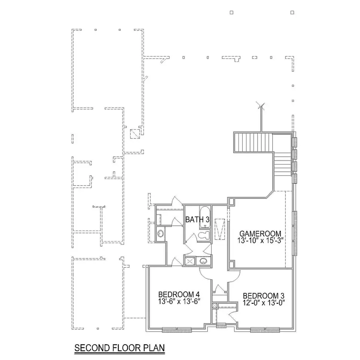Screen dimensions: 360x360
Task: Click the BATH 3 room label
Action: [x=197, y=220]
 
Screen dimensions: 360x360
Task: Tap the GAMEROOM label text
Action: [x=260, y=234]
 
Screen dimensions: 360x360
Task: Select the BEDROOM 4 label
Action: [x=179, y=294]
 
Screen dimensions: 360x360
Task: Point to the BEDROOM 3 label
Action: [x=264, y=296]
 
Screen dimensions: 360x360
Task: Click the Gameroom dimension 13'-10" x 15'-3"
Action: [x=260, y=240]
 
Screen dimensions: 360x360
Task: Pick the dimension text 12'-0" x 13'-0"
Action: [x=264, y=303]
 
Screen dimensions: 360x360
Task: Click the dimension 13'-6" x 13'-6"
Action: [x=179, y=301]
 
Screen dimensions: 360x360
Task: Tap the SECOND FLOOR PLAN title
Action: [x=120, y=348]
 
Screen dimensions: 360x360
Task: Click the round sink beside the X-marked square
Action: [x=203, y=261]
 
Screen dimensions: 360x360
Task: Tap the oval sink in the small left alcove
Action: [x=160, y=234]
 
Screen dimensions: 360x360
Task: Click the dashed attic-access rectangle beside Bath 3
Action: [x=220, y=229]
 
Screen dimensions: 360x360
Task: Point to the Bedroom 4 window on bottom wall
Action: [x=177, y=330]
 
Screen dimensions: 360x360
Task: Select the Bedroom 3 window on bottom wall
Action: [x=265, y=330]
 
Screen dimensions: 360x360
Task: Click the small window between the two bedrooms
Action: [x=221, y=325]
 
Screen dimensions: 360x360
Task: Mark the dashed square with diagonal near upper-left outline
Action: [x=135, y=134]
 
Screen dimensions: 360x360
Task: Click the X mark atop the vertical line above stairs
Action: [x=261, y=106]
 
